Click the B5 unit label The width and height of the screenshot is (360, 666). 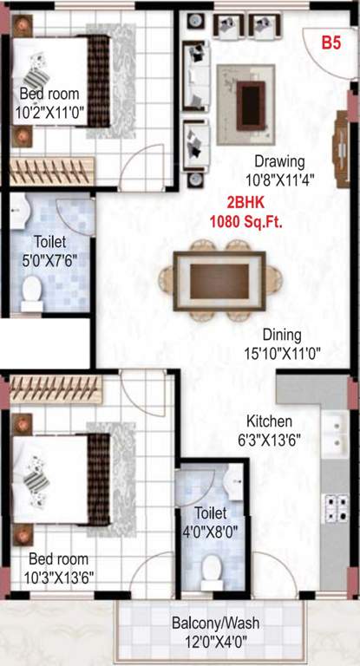point(331,42)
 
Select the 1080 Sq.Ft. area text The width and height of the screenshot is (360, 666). point(246,220)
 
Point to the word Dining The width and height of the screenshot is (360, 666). point(283,335)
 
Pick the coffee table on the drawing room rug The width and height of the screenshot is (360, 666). point(253,93)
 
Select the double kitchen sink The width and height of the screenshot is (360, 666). point(334,434)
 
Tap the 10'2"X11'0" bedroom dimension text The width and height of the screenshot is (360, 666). point(49,111)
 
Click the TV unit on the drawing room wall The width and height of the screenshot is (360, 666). point(340,139)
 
